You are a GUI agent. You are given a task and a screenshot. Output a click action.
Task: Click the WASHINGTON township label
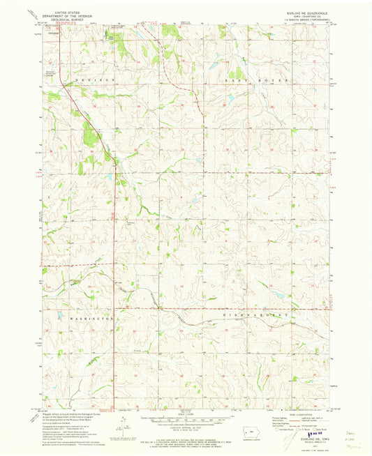click(91, 317)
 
